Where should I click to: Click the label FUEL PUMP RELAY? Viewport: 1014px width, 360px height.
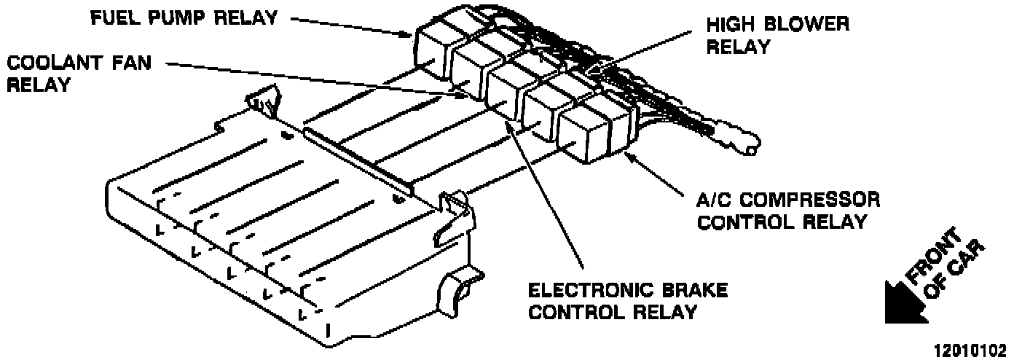click(x=184, y=17)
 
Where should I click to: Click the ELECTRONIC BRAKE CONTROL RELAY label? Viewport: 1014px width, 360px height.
click(x=627, y=301)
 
